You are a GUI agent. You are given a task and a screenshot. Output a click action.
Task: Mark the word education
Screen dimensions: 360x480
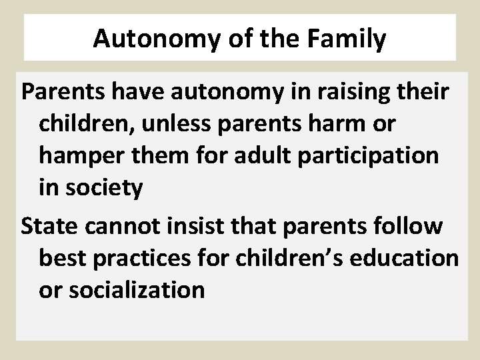click(x=404, y=258)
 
